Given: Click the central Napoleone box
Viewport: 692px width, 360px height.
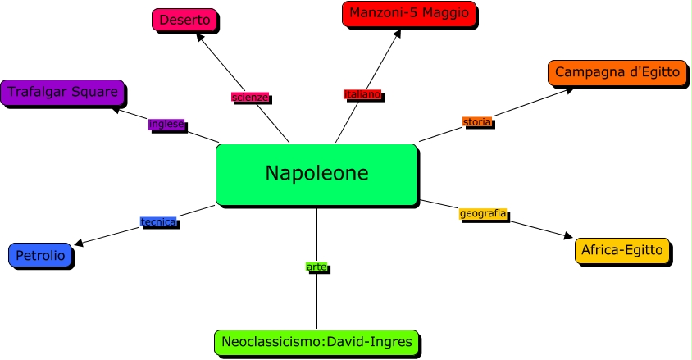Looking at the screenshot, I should (316, 174).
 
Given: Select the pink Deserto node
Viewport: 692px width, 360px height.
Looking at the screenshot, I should (184, 20).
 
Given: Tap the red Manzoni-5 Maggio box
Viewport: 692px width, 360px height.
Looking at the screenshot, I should (408, 14).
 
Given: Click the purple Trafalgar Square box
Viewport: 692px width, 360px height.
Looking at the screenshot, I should (62, 92).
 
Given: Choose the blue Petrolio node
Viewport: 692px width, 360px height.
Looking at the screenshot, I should (40, 256).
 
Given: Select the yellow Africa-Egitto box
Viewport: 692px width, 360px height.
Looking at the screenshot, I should (622, 250).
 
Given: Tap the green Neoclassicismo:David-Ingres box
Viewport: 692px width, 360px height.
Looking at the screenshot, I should (316, 341).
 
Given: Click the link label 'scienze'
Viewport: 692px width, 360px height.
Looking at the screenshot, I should (250, 98).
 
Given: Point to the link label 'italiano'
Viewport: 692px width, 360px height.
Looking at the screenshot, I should (362, 94).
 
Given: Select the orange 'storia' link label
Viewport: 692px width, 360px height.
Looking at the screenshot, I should (476, 121).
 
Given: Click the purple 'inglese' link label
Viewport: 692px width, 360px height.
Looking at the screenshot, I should (166, 125).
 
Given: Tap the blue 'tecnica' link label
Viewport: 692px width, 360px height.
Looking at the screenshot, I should (158, 222).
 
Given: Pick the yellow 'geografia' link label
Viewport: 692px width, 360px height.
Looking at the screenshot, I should (483, 214).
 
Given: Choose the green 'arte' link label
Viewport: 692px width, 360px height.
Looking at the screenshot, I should (316, 267).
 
